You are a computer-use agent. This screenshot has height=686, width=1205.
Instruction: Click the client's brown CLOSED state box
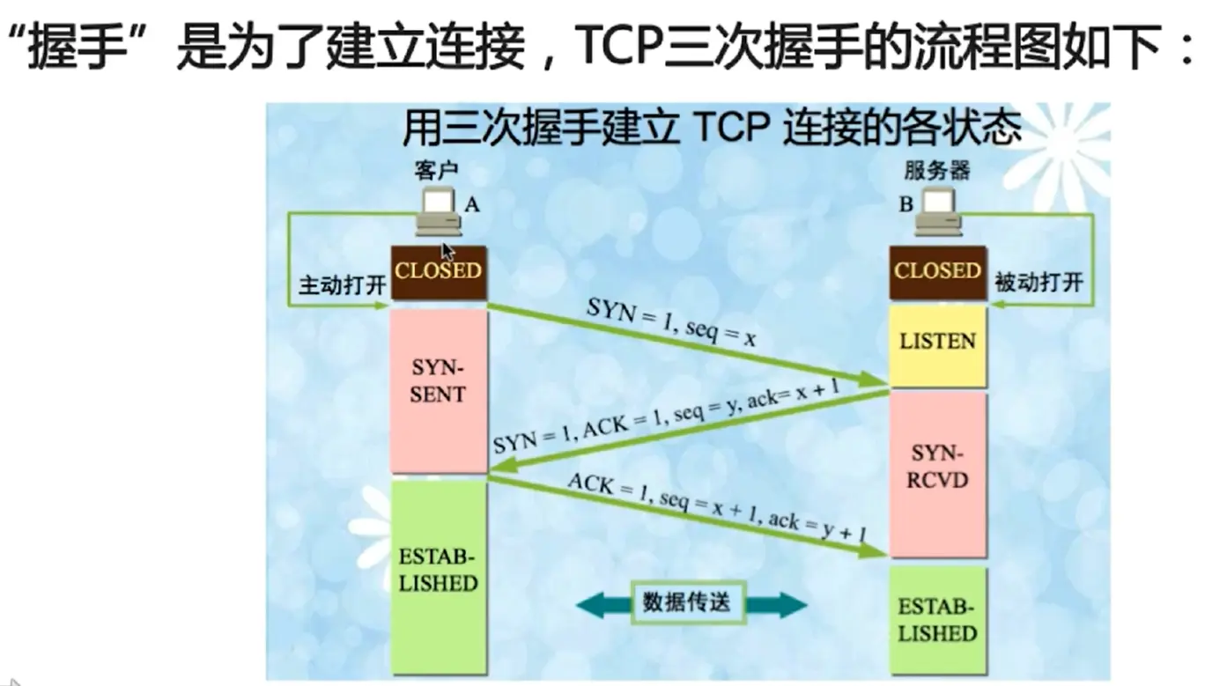pyautogui.click(x=439, y=272)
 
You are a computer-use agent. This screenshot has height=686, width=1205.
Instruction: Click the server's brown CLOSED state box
pyautogui.click(x=937, y=272)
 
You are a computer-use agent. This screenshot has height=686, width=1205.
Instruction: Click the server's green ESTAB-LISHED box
pyautogui.click(x=937, y=620)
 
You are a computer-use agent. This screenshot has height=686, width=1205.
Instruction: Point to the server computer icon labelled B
pyautogui.click(x=937, y=211)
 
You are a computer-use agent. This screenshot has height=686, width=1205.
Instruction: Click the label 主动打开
pyautogui.click(x=333, y=286)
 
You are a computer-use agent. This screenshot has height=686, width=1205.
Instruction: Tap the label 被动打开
pyautogui.click(x=1039, y=284)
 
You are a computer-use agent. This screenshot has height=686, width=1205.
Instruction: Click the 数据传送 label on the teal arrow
pyautogui.click(x=692, y=603)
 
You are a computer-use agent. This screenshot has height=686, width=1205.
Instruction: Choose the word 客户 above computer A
pyautogui.click(x=437, y=169)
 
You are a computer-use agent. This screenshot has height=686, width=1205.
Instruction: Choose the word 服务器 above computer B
pyautogui.click(x=937, y=169)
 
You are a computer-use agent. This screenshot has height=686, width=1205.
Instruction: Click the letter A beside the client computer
pyautogui.click(x=472, y=204)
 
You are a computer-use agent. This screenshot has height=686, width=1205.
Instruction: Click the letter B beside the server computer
pyautogui.click(x=906, y=204)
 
